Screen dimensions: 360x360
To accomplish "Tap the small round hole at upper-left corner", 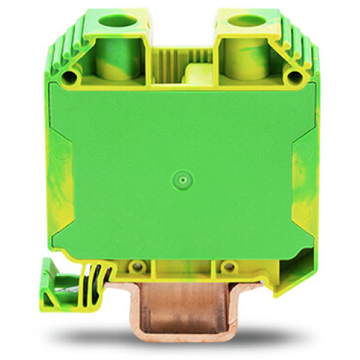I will click(70, 76).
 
